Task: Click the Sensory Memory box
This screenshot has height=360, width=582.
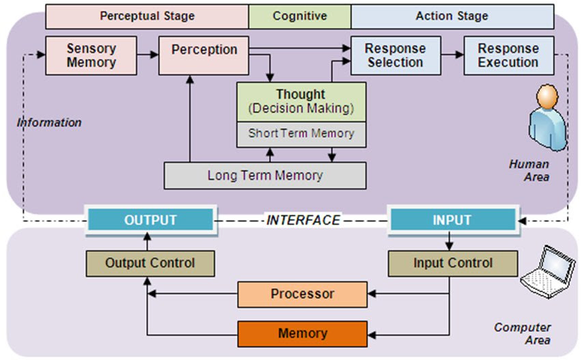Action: pos(91,55)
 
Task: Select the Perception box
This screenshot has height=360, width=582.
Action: pos(204,55)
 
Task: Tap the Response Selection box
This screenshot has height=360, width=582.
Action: pos(396,55)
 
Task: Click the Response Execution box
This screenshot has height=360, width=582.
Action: pos(508,55)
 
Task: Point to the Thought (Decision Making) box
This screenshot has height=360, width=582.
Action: pos(301,101)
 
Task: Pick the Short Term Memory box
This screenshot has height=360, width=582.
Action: pos(301,134)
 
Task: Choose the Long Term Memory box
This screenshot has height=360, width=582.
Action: pos(265,176)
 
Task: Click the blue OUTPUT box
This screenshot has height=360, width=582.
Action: pos(150,220)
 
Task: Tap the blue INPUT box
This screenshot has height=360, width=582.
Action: pos(452,220)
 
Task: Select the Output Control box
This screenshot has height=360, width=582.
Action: pos(150,263)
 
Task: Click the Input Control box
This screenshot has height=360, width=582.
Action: pos(452,263)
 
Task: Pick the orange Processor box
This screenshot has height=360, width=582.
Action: pos(303,294)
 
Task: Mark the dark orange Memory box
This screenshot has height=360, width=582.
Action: pos(303,333)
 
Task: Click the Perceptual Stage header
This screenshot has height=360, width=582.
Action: pos(147,16)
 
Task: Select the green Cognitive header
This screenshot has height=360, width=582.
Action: pos(299,16)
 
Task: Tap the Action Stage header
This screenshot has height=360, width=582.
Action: pos(452,16)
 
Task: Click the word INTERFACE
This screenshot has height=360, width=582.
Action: pos(303,220)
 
